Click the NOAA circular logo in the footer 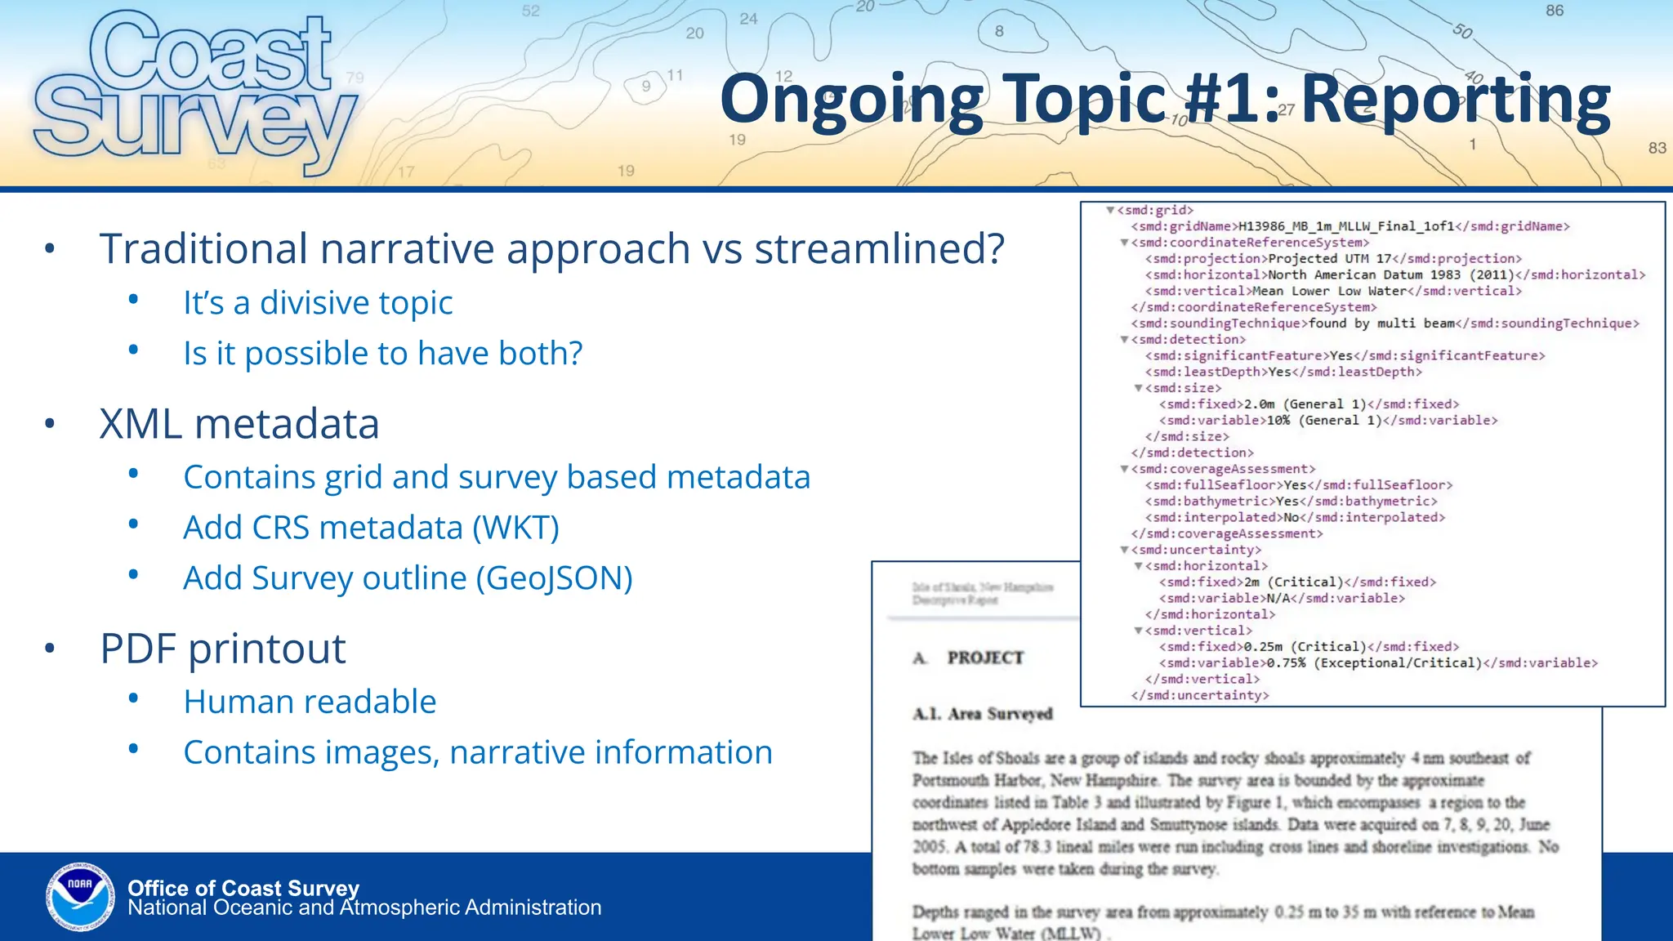pyautogui.click(x=80, y=897)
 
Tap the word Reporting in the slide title pyautogui.click(x=1455, y=100)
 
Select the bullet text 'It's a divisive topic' pyautogui.click(x=318, y=303)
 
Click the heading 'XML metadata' pyautogui.click(x=239, y=424)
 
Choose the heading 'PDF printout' pyautogui.click(x=223, y=649)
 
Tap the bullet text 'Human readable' pyautogui.click(x=310, y=702)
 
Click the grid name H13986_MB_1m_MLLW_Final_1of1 pyautogui.click(x=1346, y=226)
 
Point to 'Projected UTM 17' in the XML pyautogui.click(x=1330, y=259)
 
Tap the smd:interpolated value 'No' pyautogui.click(x=1291, y=518)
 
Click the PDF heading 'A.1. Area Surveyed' pyautogui.click(x=982, y=714)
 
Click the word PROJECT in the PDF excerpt pyautogui.click(x=985, y=658)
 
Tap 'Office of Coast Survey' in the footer pyautogui.click(x=243, y=888)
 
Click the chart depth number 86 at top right pyautogui.click(x=1555, y=11)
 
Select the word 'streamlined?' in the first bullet pyautogui.click(x=879, y=249)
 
